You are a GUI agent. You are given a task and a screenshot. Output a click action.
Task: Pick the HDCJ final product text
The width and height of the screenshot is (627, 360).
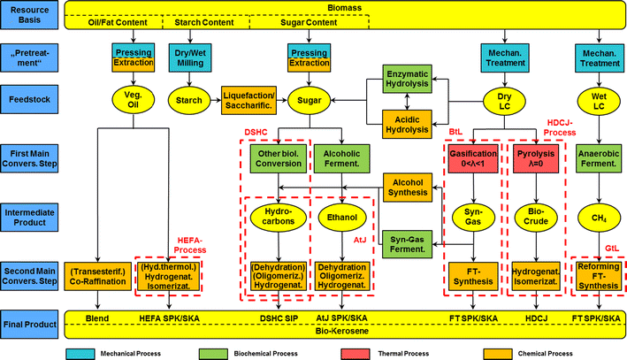coord(537,317)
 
